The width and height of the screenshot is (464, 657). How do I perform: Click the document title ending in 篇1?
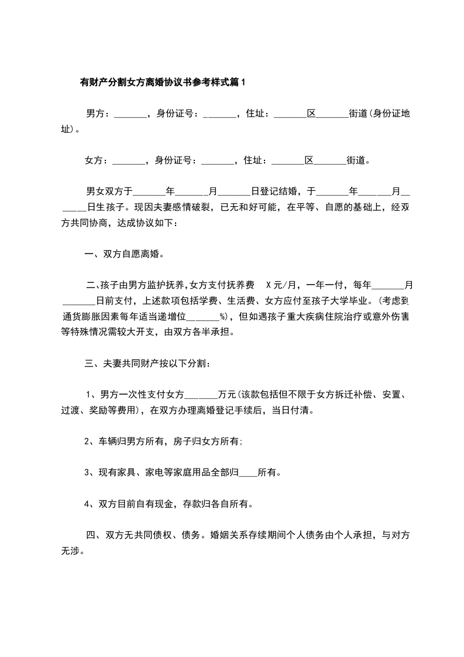tap(163, 83)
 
